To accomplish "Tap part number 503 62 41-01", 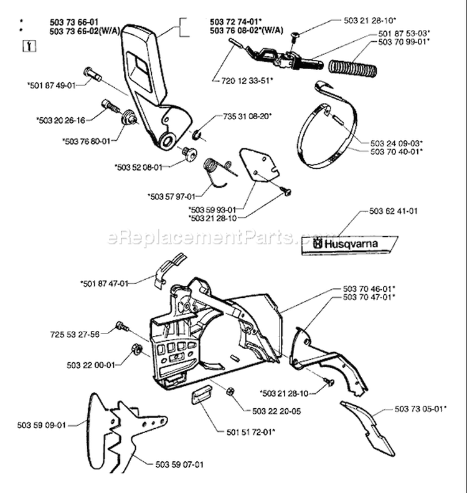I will [x=392, y=211].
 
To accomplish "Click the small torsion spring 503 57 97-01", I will [x=214, y=169].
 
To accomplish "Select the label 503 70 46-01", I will [x=369, y=289].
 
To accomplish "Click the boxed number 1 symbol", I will [x=27, y=44].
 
